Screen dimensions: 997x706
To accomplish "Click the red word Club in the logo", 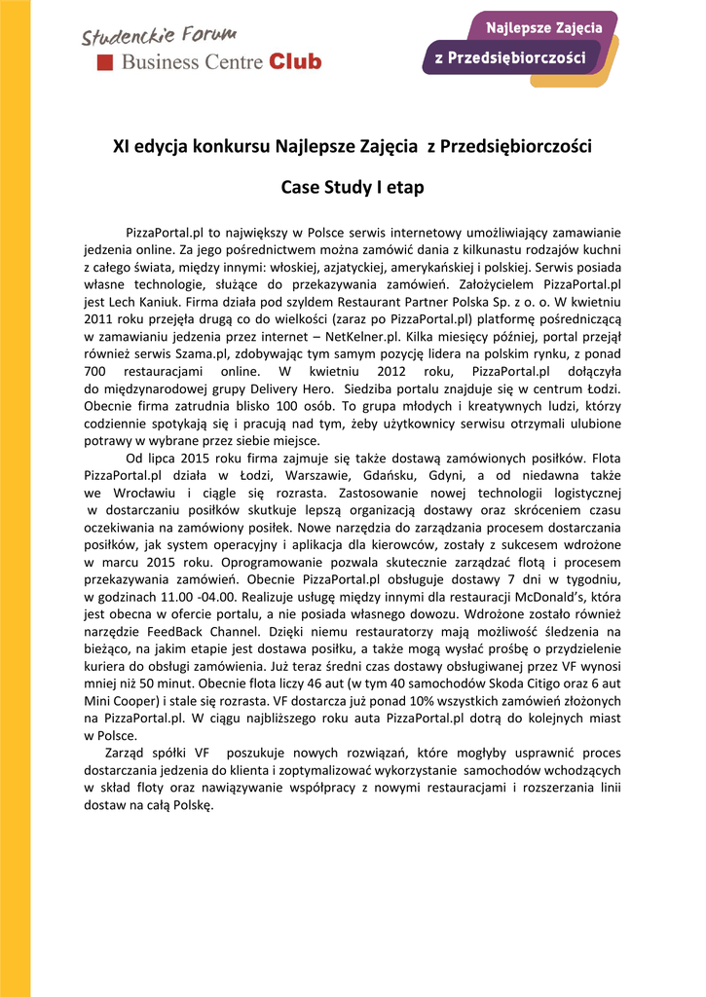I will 295,62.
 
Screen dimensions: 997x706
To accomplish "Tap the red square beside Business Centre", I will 105,62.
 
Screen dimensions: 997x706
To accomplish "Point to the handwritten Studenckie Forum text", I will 160,37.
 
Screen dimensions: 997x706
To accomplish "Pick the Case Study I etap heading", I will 353,187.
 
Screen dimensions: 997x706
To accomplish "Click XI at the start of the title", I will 122,148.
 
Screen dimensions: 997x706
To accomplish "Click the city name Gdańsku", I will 387,475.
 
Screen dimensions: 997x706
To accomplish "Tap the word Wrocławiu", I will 133,492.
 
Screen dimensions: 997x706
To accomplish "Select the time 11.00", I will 173,596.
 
